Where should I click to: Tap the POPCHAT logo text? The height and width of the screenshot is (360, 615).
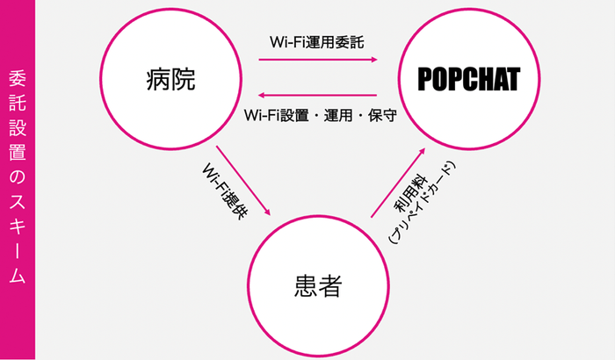(x=468, y=79)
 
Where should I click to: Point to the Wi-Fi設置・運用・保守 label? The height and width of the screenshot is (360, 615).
(x=320, y=115)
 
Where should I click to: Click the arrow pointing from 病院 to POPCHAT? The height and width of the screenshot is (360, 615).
(x=318, y=60)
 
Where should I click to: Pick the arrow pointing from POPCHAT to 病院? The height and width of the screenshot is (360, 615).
(x=318, y=96)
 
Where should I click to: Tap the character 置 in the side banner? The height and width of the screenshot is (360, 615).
(x=17, y=151)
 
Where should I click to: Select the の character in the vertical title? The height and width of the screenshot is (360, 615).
(x=17, y=176)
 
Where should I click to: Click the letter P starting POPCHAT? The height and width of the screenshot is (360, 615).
(x=425, y=79)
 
